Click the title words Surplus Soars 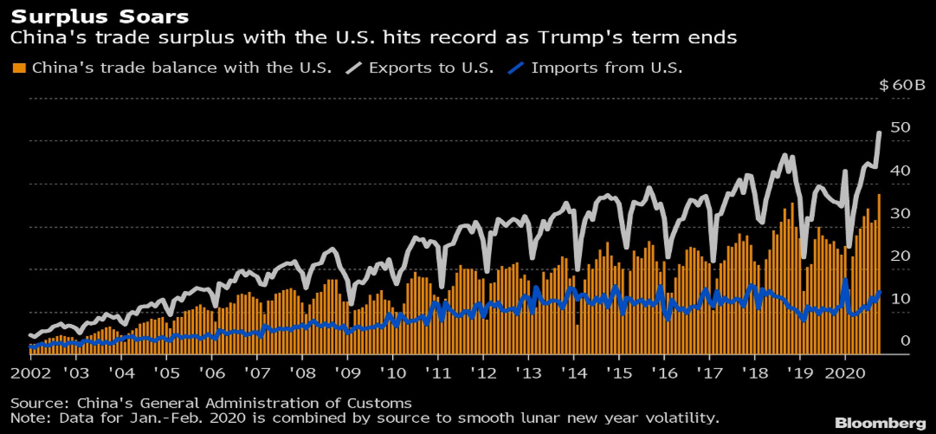click(100, 17)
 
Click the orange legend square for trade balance click(19, 68)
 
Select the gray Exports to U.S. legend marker click(354, 68)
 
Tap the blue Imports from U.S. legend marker click(515, 68)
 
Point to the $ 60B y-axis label click(902, 85)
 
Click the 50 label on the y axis click(900, 127)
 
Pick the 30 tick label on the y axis click(900, 213)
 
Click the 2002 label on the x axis click(30, 373)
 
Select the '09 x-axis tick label click(347, 373)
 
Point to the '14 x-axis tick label click(574, 373)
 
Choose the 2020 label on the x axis click(845, 373)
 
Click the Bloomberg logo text click(880, 423)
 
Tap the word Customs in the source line click(379, 403)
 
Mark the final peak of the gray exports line click(879, 133)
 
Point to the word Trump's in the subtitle click(580, 37)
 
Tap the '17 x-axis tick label click(709, 373)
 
